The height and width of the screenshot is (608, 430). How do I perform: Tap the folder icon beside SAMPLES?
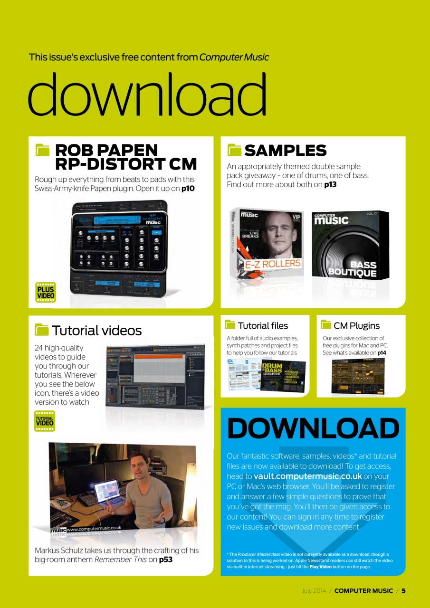(x=234, y=150)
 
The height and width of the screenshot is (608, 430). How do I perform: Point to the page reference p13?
(x=330, y=184)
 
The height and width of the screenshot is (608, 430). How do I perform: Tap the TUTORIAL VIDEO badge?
(x=45, y=421)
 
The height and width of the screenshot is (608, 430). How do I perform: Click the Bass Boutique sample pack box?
(x=350, y=245)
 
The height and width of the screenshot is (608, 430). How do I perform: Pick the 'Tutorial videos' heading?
(x=96, y=331)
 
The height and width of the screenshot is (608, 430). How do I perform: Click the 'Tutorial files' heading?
(x=263, y=325)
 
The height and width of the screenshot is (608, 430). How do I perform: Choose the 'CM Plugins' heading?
(x=356, y=325)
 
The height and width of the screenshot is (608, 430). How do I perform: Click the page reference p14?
(x=382, y=353)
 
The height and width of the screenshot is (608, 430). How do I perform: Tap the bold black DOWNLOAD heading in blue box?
(x=313, y=428)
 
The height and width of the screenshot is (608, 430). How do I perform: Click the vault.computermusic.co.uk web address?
(x=308, y=476)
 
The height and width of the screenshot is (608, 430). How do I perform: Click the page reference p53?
(x=166, y=560)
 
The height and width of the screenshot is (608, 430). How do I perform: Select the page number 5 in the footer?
(x=403, y=591)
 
